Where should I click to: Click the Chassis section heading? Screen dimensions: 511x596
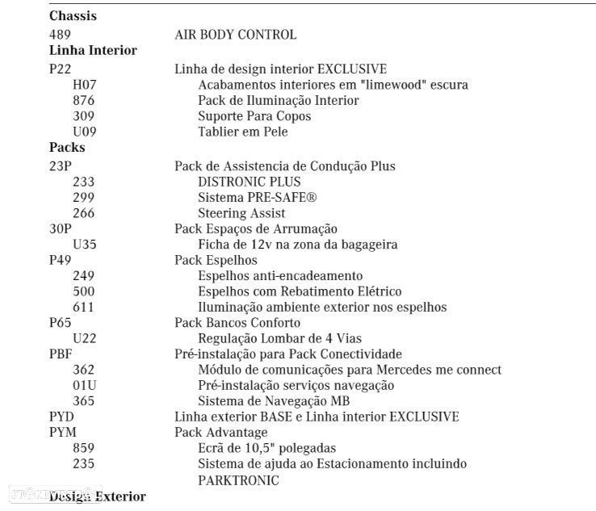(x=73, y=16)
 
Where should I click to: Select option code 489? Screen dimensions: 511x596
(x=60, y=35)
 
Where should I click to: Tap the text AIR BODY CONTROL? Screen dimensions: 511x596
(x=235, y=35)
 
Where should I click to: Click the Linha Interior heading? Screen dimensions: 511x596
(x=93, y=50)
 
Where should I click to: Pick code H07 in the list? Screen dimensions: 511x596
(x=83, y=84)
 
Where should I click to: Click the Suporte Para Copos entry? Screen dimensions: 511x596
(x=254, y=116)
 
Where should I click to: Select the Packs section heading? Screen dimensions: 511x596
(x=67, y=148)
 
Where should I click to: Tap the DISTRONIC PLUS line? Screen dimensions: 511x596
(x=249, y=182)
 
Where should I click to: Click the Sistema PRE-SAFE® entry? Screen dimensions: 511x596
(x=257, y=198)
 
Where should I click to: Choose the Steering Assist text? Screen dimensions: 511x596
(x=241, y=213)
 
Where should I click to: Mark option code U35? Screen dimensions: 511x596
(x=84, y=245)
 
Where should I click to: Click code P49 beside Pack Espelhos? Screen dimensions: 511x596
(x=61, y=260)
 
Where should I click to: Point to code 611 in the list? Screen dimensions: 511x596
(x=83, y=307)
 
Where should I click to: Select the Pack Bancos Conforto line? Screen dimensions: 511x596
(x=237, y=323)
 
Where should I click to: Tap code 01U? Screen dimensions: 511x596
(x=84, y=385)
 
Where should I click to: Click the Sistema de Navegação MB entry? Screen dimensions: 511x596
(x=273, y=401)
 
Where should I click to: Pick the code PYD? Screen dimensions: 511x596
(x=62, y=417)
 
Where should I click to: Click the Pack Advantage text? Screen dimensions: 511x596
(x=221, y=433)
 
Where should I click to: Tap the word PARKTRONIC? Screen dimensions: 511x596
(x=238, y=480)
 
